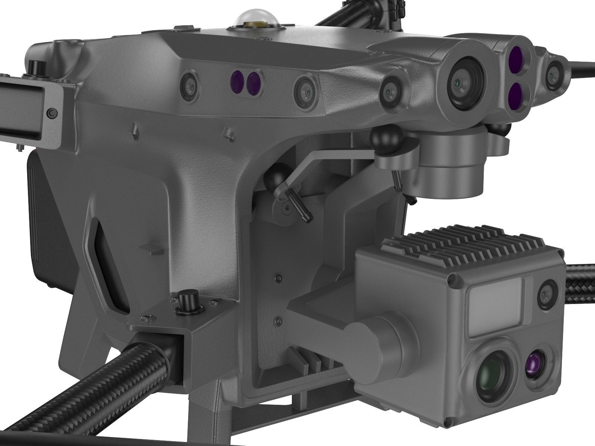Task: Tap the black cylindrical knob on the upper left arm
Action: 36,67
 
